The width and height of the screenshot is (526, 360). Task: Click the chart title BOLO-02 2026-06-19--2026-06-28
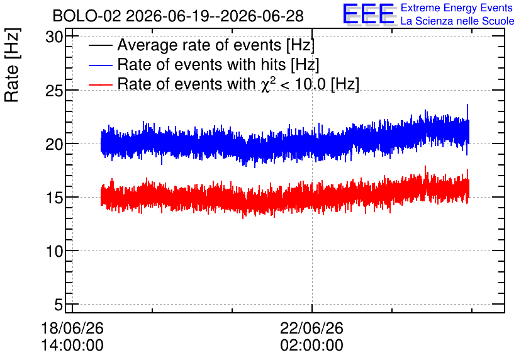point(178,16)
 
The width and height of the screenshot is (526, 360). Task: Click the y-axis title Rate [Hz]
point(12,65)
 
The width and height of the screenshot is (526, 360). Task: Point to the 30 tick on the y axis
point(54,37)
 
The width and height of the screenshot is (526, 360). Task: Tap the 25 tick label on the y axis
point(54,91)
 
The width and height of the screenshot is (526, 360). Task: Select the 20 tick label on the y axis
point(54,144)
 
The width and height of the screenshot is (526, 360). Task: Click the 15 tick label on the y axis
point(54,198)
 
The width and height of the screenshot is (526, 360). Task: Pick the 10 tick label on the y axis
point(54,251)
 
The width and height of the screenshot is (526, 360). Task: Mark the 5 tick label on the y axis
point(59,305)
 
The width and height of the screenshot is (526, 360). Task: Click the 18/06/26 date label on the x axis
point(72,328)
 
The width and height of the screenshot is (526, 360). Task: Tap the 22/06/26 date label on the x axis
point(312,328)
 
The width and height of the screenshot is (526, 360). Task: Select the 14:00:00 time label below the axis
point(72,346)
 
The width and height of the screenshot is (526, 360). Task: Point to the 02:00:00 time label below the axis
point(312,346)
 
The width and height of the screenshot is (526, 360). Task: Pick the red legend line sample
point(101,84)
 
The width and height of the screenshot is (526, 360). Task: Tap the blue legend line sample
point(101,65)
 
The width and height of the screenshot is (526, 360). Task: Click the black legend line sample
point(101,45)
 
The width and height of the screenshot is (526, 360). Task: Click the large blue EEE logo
point(368,14)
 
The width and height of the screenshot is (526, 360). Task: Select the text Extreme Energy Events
point(457,8)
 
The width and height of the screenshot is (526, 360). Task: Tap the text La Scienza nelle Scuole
point(457,21)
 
